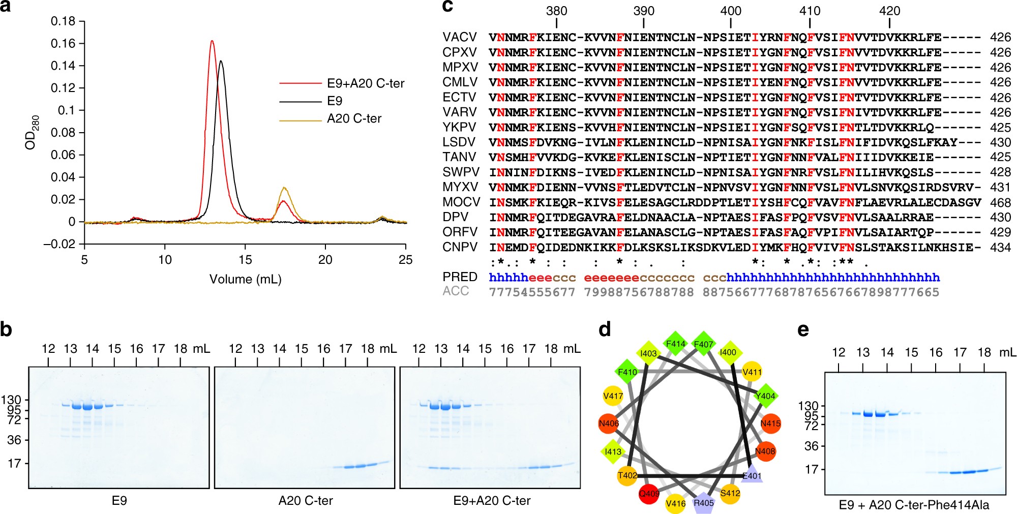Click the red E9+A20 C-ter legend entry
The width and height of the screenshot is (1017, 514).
point(365,83)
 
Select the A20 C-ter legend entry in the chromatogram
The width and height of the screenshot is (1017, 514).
point(354,119)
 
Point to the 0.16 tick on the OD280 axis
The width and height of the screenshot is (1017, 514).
point(63,44)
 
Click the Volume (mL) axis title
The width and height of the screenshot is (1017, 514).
point(245,279)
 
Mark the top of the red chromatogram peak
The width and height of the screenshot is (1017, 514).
point(212,41)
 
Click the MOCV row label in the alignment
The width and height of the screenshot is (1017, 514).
point(461,202)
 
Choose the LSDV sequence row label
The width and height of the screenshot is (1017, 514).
point(459,142)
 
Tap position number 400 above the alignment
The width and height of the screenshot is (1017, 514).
point(731,11)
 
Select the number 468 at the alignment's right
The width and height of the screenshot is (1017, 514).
point(1000,202)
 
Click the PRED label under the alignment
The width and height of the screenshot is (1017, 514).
point(460,277)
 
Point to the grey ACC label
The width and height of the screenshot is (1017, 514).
point(456,291)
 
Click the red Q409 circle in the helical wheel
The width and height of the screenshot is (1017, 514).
point(649,494)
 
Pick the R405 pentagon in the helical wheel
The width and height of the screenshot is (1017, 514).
point(704,503)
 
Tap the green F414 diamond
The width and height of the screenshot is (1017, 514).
point(676,344)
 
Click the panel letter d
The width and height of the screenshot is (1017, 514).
point(604,330)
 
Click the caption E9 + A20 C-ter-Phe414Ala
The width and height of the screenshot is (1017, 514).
point(914,505)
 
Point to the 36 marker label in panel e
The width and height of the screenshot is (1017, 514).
point(812,446)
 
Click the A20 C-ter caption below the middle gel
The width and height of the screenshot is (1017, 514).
point(306,501)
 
